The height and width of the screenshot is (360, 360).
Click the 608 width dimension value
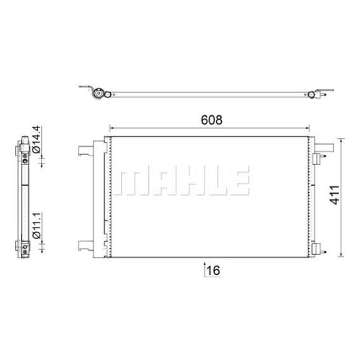[x=212, y=120]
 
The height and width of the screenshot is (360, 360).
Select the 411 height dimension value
[x=335, y=194]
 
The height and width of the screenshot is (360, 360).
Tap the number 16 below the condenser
[x=213, y=271]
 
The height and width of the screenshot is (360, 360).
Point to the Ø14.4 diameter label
[x=37, y=139]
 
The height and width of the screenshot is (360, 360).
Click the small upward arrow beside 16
[x=204, y=269]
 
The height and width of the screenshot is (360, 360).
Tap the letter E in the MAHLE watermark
[x=238, y=180]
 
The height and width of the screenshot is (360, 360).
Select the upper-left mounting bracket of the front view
[x=86, y=150]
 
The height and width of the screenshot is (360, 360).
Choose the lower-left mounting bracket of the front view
[x=86, y=246]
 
